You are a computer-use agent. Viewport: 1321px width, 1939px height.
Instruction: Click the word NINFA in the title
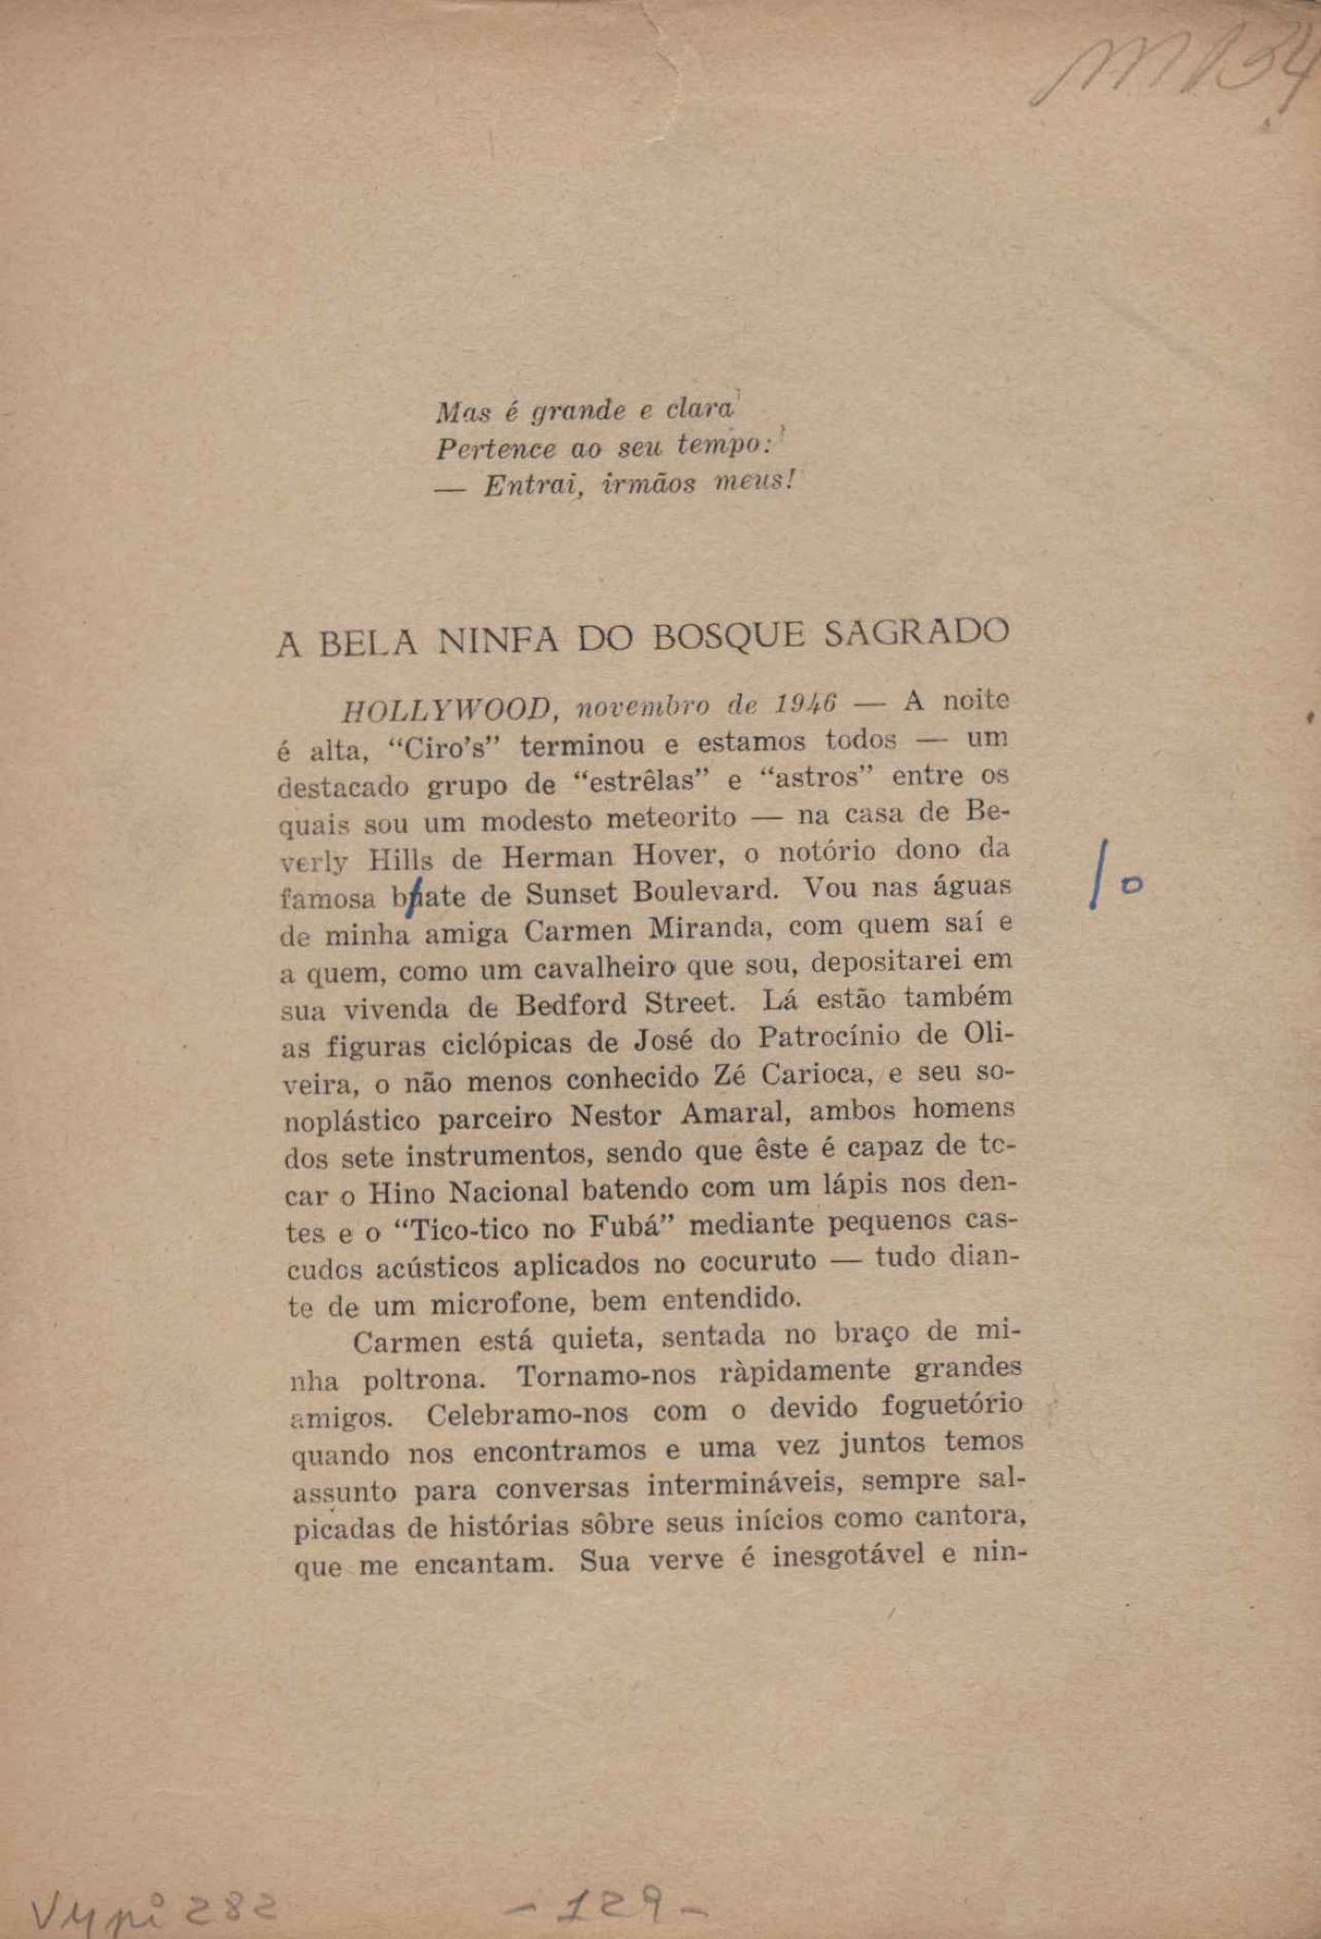coord(496,639)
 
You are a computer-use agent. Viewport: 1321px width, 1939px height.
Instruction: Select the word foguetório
coord(952,1406)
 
